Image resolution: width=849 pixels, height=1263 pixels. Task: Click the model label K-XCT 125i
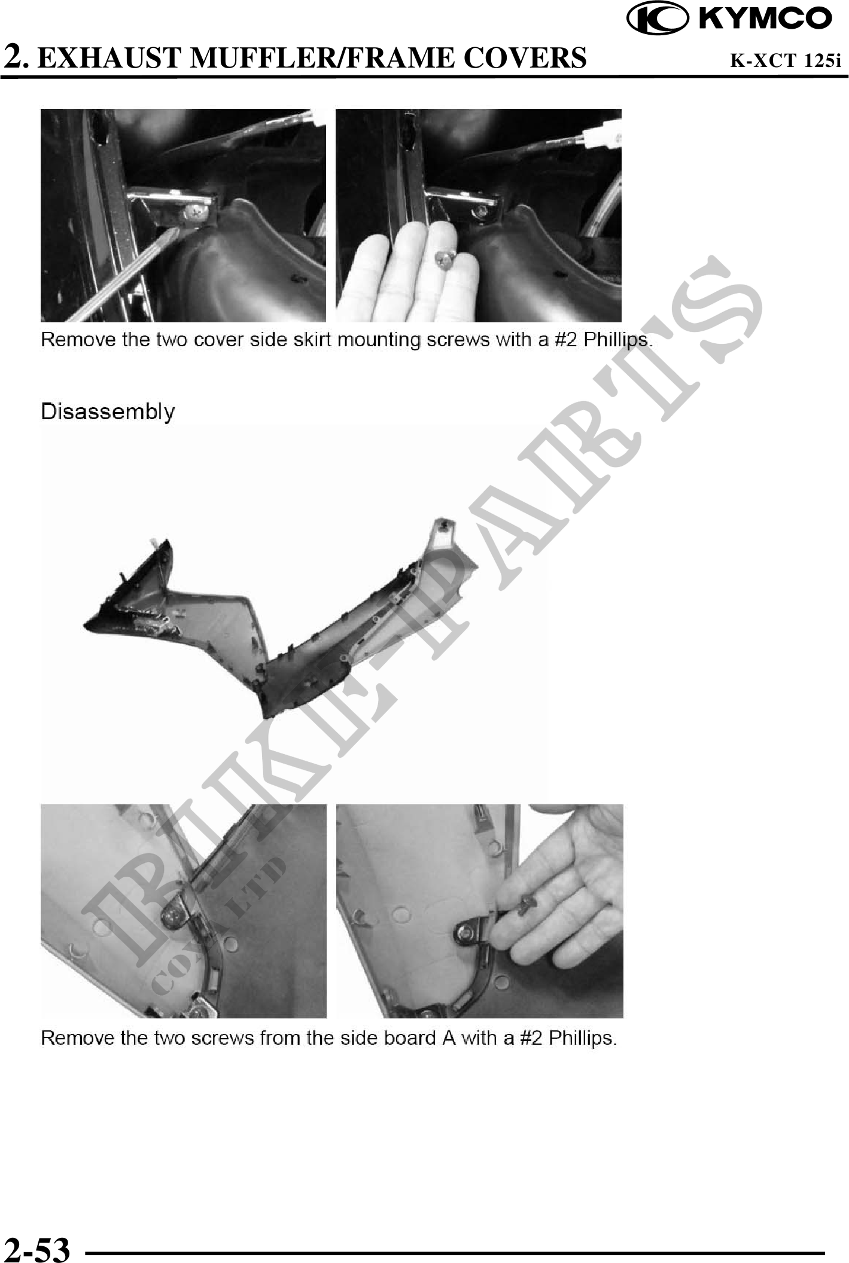[786, 60]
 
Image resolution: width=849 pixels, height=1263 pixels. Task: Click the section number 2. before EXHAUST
[16, 57]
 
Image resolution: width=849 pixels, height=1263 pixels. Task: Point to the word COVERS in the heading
[525, 58]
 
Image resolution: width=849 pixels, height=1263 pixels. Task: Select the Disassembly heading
[108, 411]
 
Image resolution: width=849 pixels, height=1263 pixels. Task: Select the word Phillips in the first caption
[617, 340]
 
